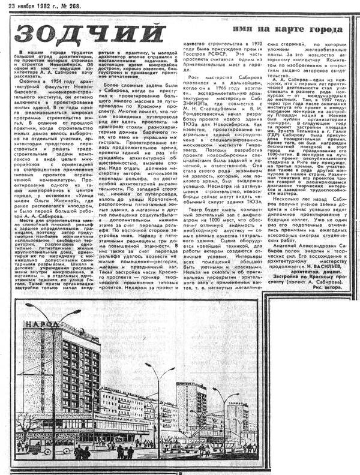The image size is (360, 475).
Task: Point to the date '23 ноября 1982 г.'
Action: coord(32,5)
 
